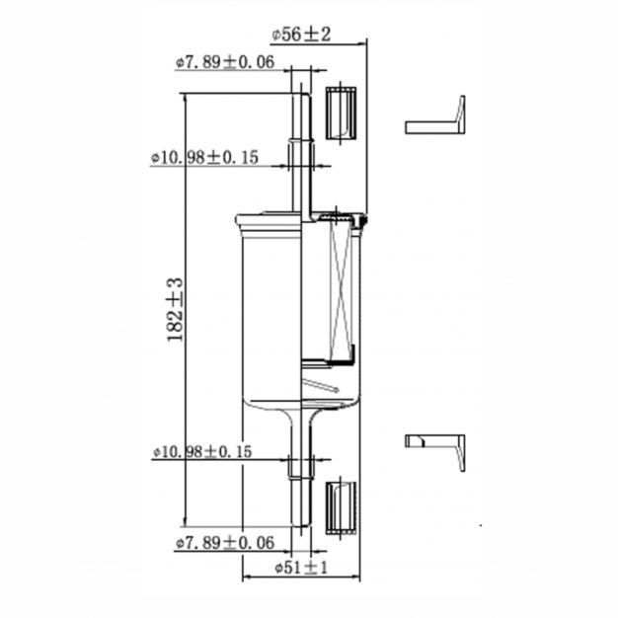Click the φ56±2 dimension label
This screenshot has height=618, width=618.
pos(301,35)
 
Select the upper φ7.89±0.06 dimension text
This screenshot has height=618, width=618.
pos(225,62)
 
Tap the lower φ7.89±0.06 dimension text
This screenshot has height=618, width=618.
pos(225,543)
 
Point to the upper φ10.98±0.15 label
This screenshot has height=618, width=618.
pos(204,158)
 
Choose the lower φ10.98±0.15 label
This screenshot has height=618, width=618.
pos(202,452)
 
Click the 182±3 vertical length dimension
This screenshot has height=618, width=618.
pos(175,310)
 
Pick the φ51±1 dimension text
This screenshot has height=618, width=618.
pos(301,568)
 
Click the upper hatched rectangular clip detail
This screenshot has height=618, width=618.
pos(341,114)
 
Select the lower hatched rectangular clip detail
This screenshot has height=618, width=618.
pos(341,508)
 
